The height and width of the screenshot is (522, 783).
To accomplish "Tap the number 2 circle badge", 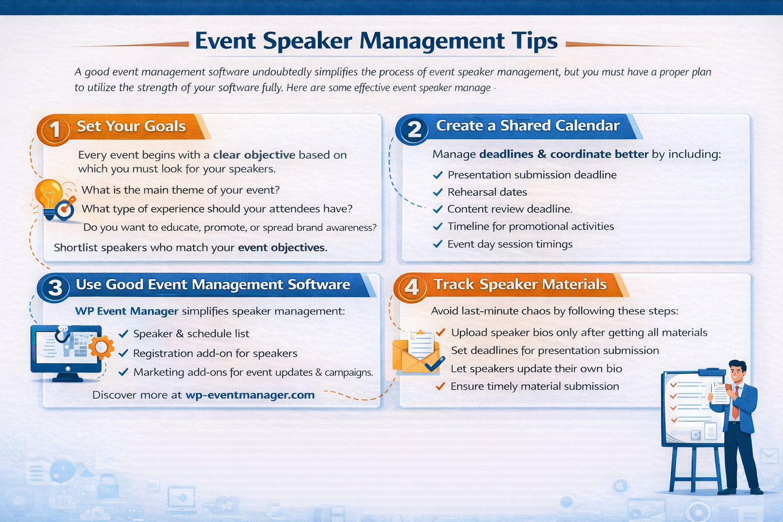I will tap(414, 129).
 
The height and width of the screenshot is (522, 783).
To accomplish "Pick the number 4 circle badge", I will tap(411, 288).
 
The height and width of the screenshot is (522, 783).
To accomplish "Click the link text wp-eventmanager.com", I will tap(250, 395).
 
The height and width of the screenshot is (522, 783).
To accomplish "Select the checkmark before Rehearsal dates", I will tap(437, 192).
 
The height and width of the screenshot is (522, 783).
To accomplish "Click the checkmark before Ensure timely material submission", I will tap(440, 386).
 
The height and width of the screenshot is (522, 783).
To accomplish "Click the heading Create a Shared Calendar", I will tap(528, 126).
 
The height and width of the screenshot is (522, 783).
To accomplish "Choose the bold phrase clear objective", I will tap(254, 155).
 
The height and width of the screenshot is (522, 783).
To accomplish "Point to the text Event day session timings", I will tap(510, 244).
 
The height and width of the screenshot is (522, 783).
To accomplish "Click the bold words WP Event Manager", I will tap(126, 311).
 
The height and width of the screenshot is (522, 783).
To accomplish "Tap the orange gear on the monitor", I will tap(100, 347).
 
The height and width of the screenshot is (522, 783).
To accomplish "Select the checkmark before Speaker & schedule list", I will tap(123, 334).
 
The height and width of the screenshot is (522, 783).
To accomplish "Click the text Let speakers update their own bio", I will tap(536, 369).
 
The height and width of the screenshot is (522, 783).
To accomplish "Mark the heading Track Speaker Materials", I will tap(520, 284).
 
